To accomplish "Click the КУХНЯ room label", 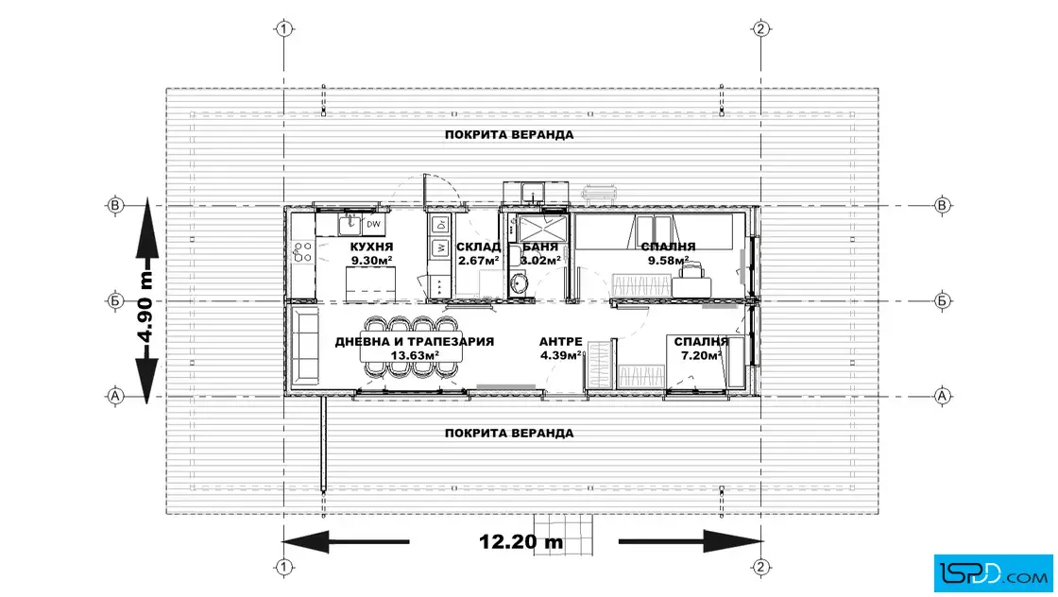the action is pyautogui.click(x=371, y=247).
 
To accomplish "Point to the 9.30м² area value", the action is pyautogui.click(x=371, y=261).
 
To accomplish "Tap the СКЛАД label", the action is pyautogui.click(x=478, y=247).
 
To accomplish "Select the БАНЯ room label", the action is pyautogui.click(x=540, y=247).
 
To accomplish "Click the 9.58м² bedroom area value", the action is pyautogui.click(x=669, y=261).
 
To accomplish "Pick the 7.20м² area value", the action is pyautogui.click(x=701, y=355).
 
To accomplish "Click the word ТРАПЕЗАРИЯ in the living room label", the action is pyautogui.click(x=451, y=342).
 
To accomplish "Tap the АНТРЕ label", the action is pyautogui.click(x=561, y=342).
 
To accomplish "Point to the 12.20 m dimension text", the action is pyautogui.click(x=520, y=541).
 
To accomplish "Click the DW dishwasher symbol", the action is pyautogui.click(x=373, y=224).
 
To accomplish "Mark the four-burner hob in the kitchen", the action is pyautogui.click(x=302, y=252).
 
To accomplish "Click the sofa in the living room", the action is pyautogui.click(x=304, y=346).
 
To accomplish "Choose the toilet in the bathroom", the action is pyautogui.click(x=519, y=283).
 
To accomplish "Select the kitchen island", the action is pyautogui.click(x=370, y=284).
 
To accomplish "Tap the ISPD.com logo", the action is pyautogui.click(x=993, y=573).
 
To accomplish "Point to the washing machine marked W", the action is pyautogui.click(x=440, y=248).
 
